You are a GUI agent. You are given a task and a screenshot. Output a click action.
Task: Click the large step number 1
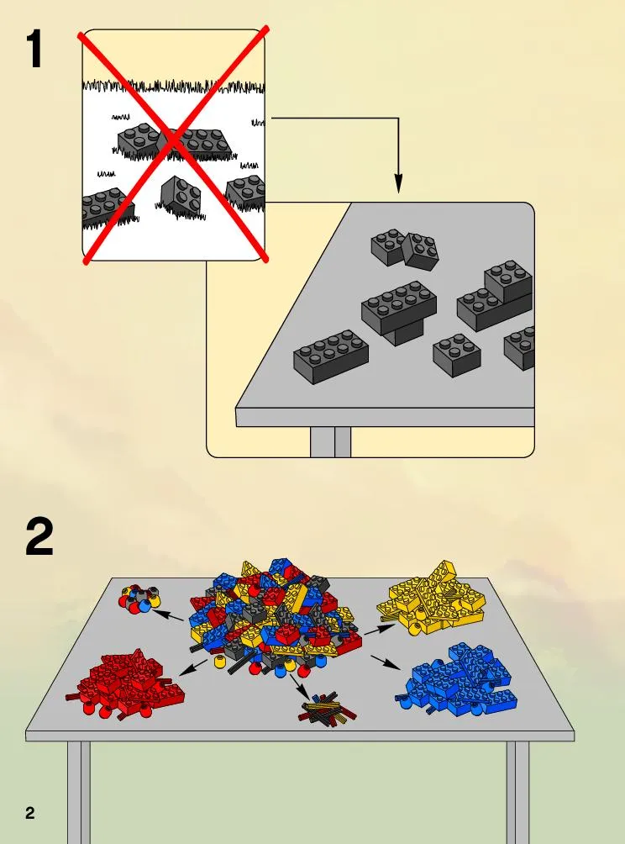(x=35, y=49)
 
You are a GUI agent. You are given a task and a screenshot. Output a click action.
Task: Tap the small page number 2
(x=30, y=813)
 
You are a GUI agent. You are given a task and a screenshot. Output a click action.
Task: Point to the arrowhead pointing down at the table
(x=398, y=183)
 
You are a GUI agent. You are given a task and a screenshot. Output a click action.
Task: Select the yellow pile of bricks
(x=430, y=598)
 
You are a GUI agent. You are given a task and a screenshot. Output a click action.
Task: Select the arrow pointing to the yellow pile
(x=380, y=629)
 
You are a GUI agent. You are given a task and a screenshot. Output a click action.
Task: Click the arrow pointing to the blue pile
(x=386, y=662)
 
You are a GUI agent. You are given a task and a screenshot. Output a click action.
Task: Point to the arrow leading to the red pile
(x=192, y=667)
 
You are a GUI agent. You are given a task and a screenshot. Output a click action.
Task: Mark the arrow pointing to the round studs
(x=168, y=615)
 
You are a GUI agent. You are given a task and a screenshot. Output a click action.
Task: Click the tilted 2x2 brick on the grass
(x=181, y=194)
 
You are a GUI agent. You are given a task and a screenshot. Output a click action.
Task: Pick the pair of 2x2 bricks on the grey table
(x=405, y=249)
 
